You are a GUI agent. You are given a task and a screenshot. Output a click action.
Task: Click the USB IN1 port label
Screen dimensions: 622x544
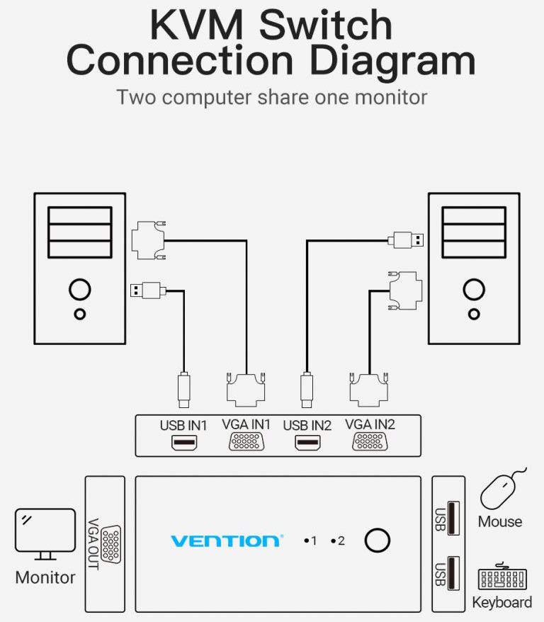(183, 426)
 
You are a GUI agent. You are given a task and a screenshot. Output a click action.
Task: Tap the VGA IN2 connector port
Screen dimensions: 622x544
(370, 442)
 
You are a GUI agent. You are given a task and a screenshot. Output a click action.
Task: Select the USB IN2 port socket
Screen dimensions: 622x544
(307, 443)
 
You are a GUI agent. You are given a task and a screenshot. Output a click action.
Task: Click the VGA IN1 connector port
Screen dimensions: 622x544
(246, 442)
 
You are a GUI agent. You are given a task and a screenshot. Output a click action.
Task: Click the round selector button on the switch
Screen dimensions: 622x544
(377, 541)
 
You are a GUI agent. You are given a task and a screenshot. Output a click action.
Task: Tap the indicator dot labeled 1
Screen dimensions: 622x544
(305, 541)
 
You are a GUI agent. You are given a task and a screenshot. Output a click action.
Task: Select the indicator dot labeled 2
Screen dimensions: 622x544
(332, 541)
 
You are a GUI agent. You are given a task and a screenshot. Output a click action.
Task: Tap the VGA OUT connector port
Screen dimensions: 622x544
(110, 543)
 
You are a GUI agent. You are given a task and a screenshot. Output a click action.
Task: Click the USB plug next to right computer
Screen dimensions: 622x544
(407, 239)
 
